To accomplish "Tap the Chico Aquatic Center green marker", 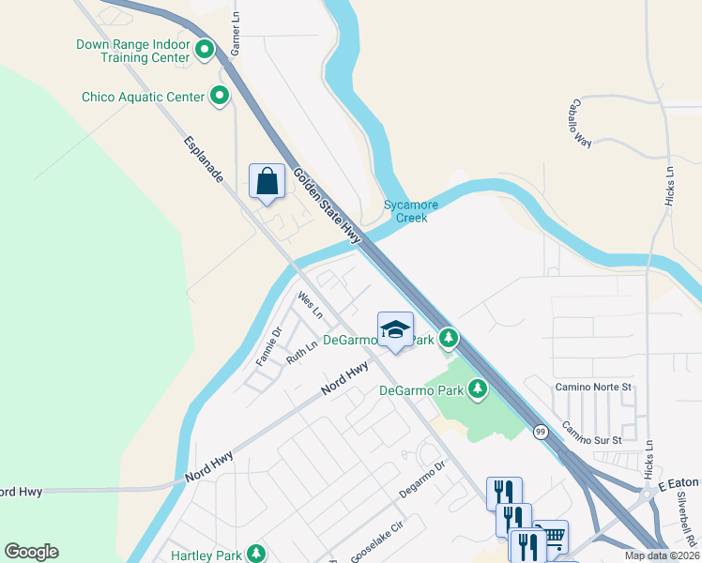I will point(221,96).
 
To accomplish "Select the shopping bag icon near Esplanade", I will point(267,181).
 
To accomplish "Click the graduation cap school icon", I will point(395,329).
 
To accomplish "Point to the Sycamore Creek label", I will point(405,210).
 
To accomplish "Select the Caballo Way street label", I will point(583,123).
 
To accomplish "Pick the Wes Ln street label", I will point(310,304).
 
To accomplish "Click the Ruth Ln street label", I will point(301,354).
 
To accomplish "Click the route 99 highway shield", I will point(541,432).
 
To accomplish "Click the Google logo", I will point(31,552).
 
